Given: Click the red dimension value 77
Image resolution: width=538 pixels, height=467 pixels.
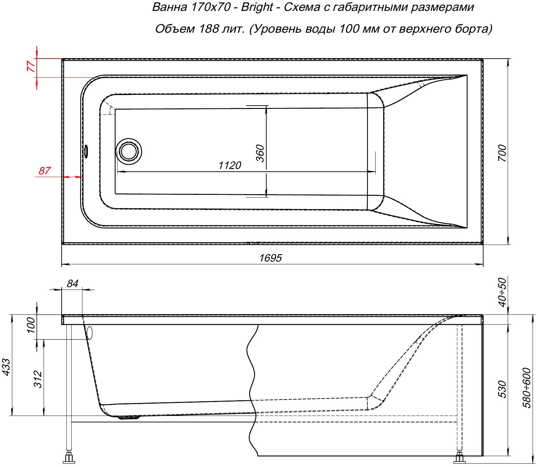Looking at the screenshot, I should pos(31,66).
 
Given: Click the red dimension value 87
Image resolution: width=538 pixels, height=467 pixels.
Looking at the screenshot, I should pos(44,171).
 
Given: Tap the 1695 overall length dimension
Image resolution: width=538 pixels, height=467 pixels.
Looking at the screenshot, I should pos(270,258).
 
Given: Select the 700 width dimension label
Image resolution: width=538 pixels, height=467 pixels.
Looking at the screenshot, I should pos(502,153).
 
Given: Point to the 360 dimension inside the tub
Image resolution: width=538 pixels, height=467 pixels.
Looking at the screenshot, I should pos(260,153).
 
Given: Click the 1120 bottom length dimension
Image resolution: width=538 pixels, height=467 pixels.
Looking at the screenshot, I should pos(230,166).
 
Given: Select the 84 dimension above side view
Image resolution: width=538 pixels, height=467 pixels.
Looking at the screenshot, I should pos(73,283).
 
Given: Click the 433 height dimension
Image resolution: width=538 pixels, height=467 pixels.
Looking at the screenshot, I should pos(6,367).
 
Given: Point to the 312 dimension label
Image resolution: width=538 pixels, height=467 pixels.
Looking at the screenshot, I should pos(38,379).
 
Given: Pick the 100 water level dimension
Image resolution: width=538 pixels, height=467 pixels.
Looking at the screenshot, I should pos(31,325).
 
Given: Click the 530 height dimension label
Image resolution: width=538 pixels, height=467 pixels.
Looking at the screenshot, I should pos(502,389).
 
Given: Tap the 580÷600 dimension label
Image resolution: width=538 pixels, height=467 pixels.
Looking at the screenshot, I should pos(527,388).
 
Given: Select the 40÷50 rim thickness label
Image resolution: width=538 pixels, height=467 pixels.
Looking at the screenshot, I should pos(502,292).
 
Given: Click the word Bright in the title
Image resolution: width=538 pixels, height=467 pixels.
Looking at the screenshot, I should pos(257,7).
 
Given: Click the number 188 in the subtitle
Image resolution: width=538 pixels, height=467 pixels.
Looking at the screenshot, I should pos(209,29).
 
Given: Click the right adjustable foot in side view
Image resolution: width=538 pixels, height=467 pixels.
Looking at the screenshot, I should pos(459,457).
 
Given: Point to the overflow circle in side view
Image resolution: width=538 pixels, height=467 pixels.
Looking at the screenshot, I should pos(90,333).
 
